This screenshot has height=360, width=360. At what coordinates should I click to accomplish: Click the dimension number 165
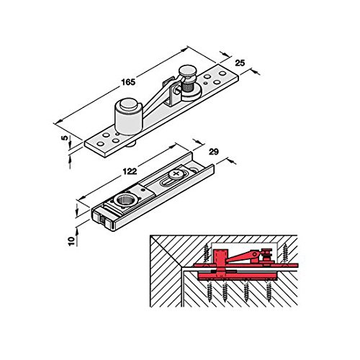(128, 82)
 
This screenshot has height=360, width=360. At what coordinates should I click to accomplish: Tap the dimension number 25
(240, 63)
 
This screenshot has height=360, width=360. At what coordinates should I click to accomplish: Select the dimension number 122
(130, 171)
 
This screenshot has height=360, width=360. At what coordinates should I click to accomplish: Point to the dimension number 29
(214, 152)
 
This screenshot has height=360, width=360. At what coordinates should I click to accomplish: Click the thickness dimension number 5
(65, 138)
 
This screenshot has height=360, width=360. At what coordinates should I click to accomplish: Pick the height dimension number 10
(71, 241)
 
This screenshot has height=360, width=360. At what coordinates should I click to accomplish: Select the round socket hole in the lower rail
(123, 200)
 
